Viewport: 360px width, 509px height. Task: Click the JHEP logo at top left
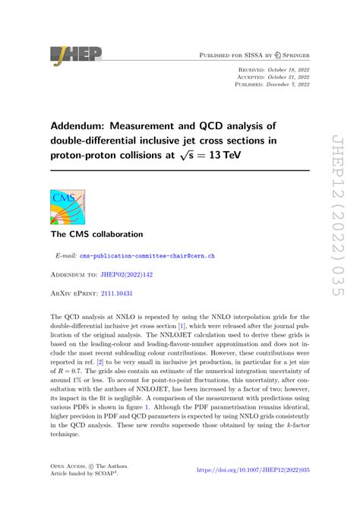coord(75,54)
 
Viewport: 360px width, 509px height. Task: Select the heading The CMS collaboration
coord(95,235)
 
